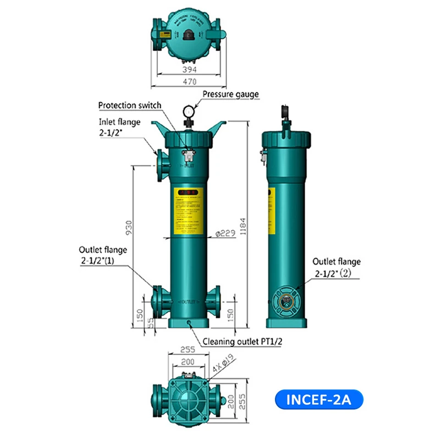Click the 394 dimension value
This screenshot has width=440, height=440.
pos(189,70)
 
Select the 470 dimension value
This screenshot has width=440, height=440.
pos(189,82)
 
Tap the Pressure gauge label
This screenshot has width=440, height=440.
pos(230,95)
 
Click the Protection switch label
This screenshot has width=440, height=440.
pos(130,105)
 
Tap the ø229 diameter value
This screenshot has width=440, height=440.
pos(226,233)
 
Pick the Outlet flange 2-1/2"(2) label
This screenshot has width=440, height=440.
pos(337,267)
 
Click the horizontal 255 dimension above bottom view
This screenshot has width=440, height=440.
pos(189,349)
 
